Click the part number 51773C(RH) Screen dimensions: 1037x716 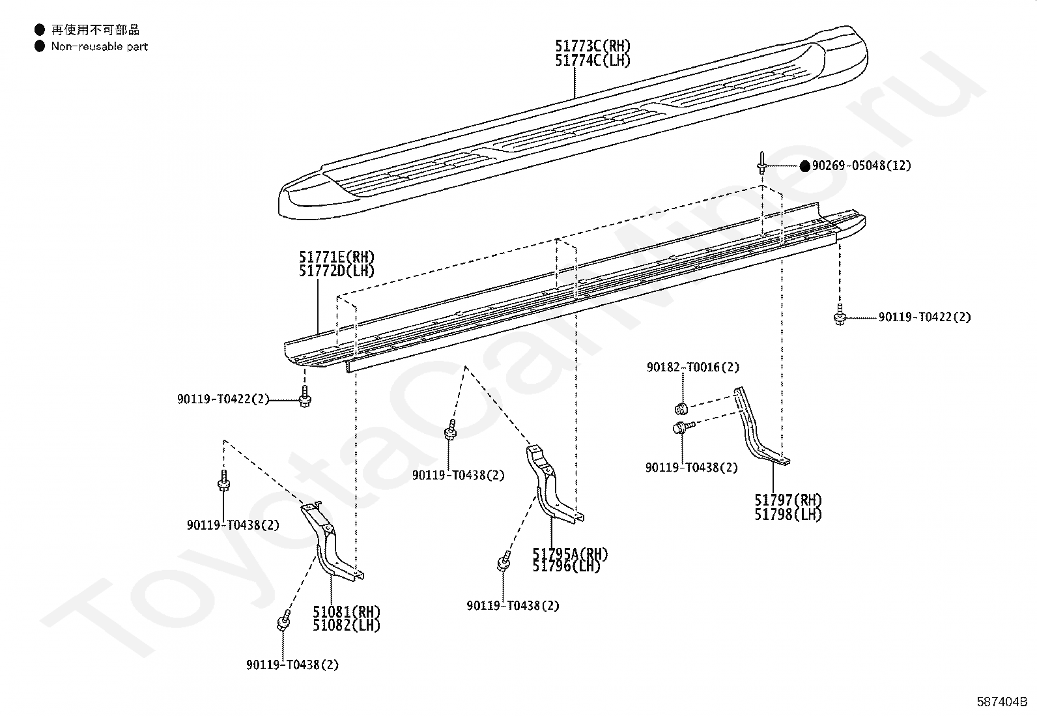pos(593,46)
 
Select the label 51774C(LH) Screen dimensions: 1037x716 pos(593,60)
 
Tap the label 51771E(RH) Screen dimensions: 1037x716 pos(337,257)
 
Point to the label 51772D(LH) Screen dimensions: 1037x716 pos(337,270)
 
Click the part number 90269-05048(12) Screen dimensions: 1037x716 pos(862,165)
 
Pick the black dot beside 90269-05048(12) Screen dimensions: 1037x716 pos(805,165)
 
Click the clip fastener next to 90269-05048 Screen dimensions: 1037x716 pos(761,163)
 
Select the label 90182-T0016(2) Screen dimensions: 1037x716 pos(693,367)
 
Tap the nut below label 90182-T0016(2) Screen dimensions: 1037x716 pos(681,409)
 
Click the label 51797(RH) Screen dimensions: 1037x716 pos(788,500)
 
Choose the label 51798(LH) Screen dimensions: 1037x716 pos(788,514)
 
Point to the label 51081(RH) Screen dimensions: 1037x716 pos(347,611)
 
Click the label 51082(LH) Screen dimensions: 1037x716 pos(347,625)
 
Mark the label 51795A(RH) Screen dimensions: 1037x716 pos(570,553)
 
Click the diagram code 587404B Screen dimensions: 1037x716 pos(1002,702)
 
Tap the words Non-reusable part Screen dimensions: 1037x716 pos(100,46)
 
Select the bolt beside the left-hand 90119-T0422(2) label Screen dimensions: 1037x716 pos(305,397)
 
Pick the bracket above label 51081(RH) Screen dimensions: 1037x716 pos(330,542)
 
